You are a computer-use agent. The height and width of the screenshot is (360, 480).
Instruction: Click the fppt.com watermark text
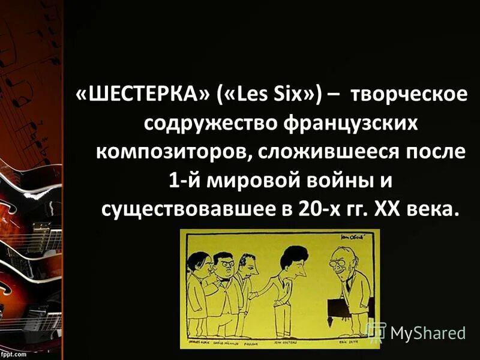pos(14,354)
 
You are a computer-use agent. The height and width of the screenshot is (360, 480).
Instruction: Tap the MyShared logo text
pos(427,331)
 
